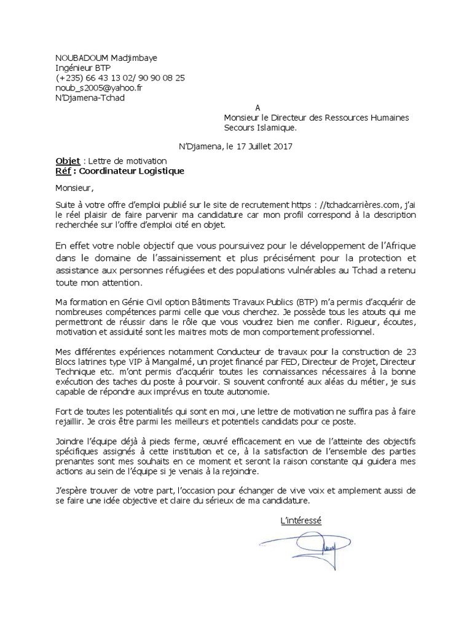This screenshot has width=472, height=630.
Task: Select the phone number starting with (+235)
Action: pyautogui.click(x=120, y=78)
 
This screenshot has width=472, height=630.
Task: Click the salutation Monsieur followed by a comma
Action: pyautogui.click(x=76, y=188)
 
